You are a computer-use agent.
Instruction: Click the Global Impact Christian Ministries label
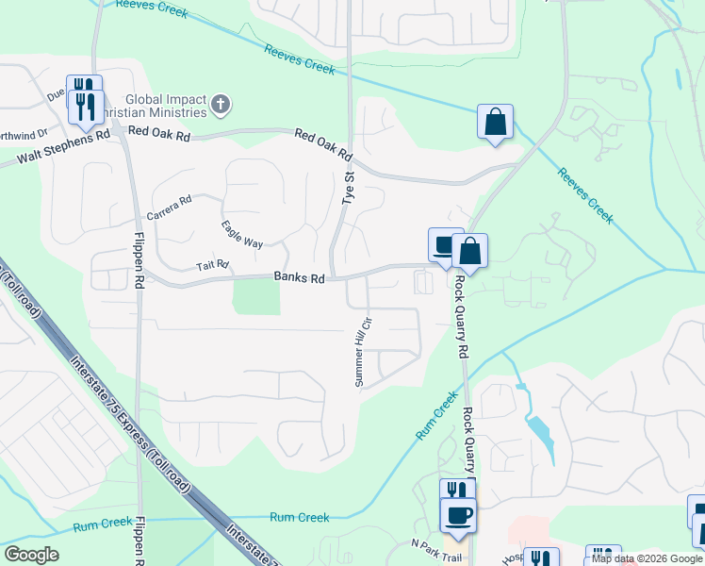[159, 107]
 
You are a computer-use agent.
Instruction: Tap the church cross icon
[220, 104]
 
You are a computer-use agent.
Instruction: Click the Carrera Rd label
[170, 205]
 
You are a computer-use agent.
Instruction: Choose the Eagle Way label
[242, 235]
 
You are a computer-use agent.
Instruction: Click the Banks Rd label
[299, 278]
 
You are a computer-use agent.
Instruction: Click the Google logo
[31, 555]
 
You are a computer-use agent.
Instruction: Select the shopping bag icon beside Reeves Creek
[495, 121]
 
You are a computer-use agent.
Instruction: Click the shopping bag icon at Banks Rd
[469, 250]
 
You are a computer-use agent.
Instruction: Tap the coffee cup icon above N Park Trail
[459, 514]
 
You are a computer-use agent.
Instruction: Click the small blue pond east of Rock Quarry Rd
[539, 431]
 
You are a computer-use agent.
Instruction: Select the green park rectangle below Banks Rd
[256, 298]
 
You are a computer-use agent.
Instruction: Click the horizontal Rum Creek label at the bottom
[300, 517]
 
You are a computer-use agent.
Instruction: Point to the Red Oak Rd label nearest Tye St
[322, 143]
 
